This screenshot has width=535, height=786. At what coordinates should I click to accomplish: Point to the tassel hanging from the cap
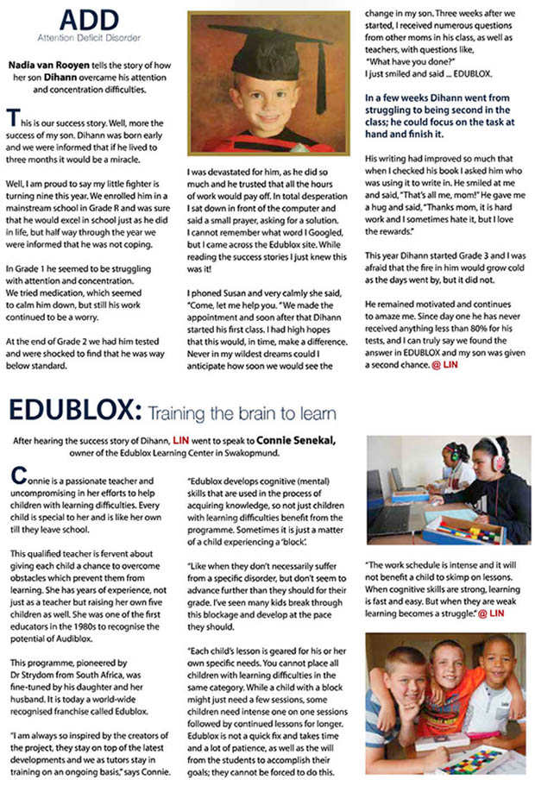(x=321, y=82)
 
